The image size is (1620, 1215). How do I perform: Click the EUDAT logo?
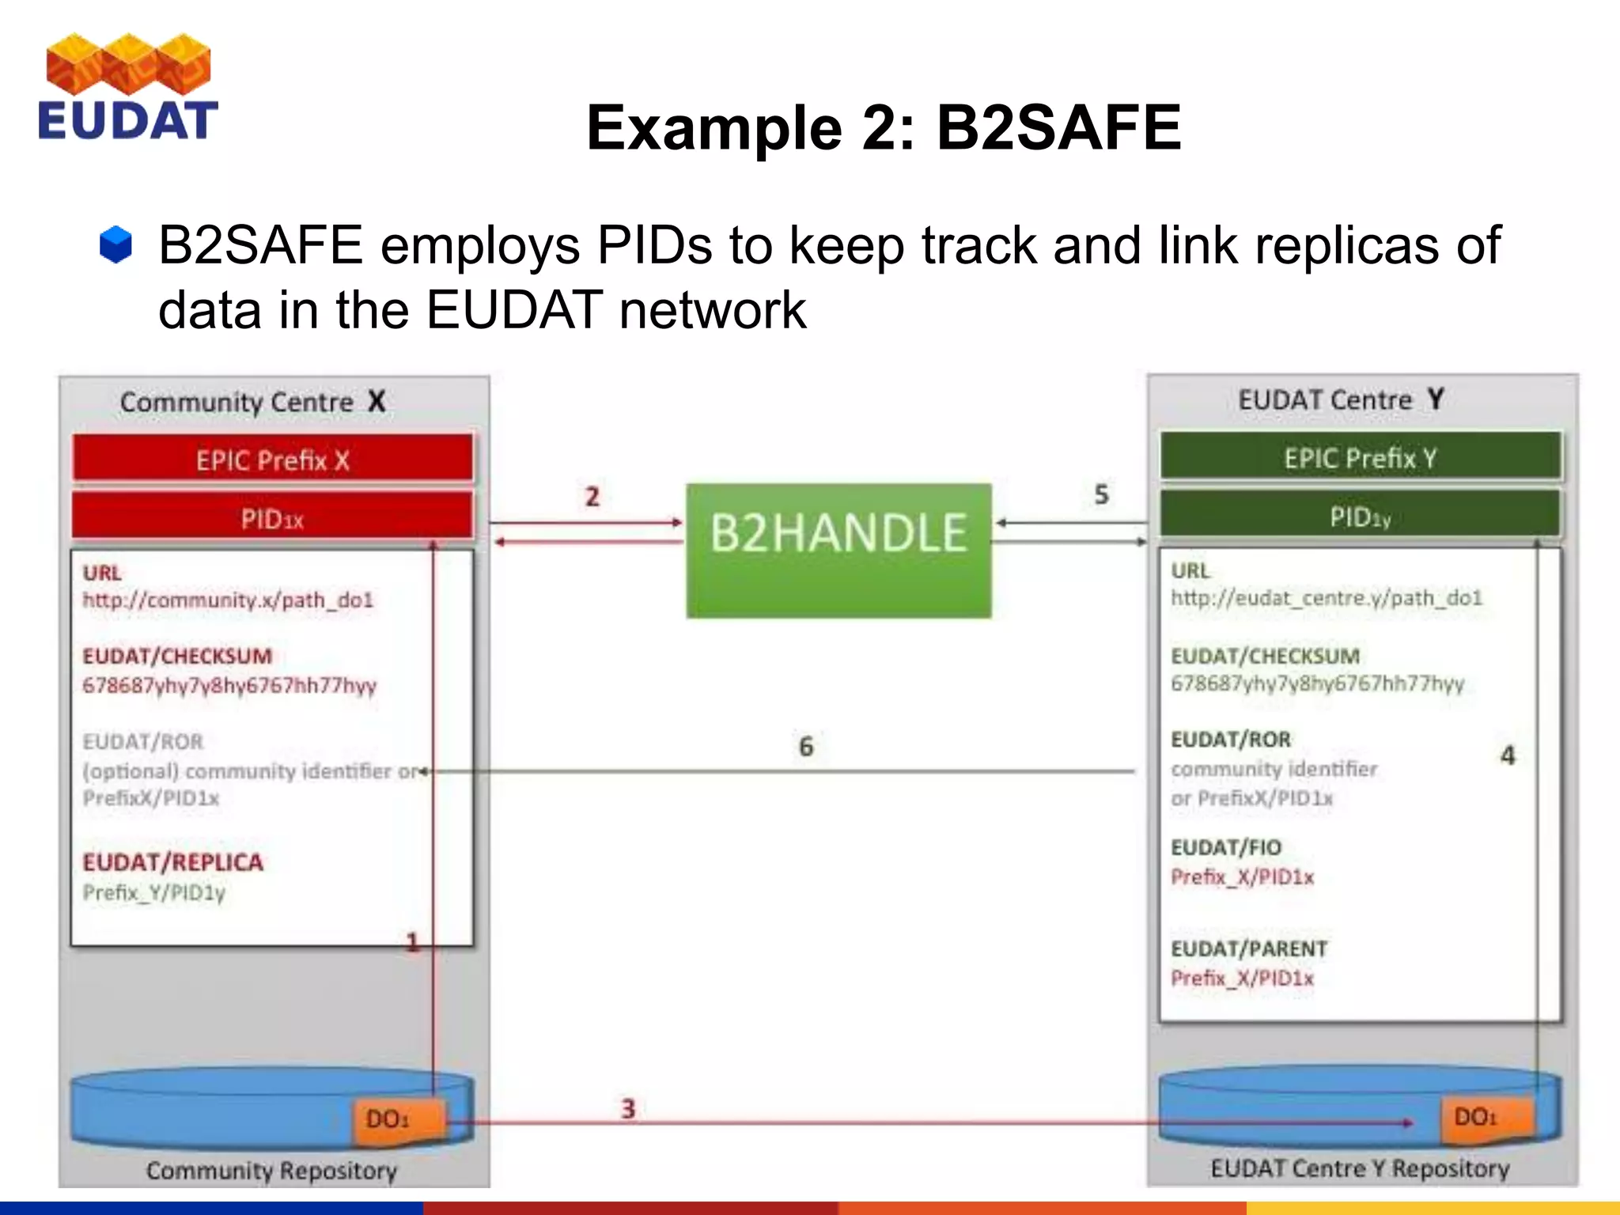(127, 88)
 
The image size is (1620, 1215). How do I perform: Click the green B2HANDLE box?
(838, 550)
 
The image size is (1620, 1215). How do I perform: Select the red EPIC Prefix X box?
(273, 459)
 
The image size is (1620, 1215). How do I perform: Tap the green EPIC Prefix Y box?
(1361, 456)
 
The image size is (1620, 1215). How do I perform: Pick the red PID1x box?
(273, 518)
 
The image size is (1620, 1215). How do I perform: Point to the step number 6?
(805, 746)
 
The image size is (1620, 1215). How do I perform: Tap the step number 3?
(628, 1108)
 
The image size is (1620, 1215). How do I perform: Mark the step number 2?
(592, 497)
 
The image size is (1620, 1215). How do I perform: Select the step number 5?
(1101, 494)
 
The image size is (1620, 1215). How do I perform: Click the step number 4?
(1508, 755)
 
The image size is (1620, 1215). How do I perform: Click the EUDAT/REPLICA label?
(172, 861)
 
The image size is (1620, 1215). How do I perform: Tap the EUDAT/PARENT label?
(1249, 948)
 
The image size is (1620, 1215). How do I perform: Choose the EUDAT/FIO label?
(1226, 847)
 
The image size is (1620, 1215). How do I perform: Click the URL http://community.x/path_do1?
(228, 600)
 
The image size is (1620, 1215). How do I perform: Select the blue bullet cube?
(115, 244)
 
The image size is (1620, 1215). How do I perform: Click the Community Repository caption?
(271, 1170)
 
